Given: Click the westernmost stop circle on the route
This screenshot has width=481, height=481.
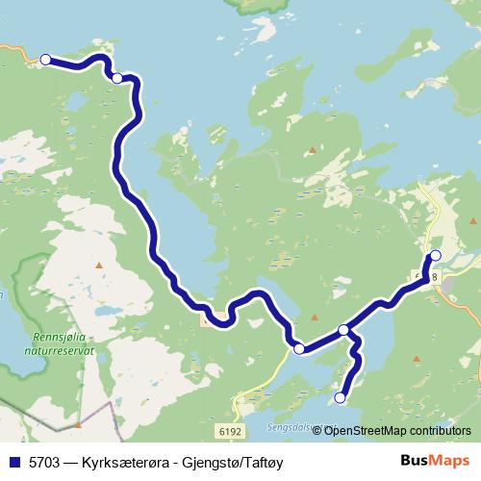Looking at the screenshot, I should [45, 60].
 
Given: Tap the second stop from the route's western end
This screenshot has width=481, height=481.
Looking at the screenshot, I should [116, 78].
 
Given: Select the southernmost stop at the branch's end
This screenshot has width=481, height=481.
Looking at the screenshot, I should [340, 397].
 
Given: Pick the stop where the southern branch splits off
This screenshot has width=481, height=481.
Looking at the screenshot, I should [343, 331].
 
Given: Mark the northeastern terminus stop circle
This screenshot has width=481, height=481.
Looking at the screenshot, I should [435, 255].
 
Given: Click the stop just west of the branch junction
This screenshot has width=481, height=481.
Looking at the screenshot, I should [299, 348].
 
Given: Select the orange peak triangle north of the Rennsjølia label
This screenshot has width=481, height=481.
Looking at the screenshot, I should [98, 265].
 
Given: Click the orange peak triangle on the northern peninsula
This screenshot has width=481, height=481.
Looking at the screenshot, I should [312, 149].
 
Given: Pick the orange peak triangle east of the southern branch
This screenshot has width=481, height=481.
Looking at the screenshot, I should [417, 359].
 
